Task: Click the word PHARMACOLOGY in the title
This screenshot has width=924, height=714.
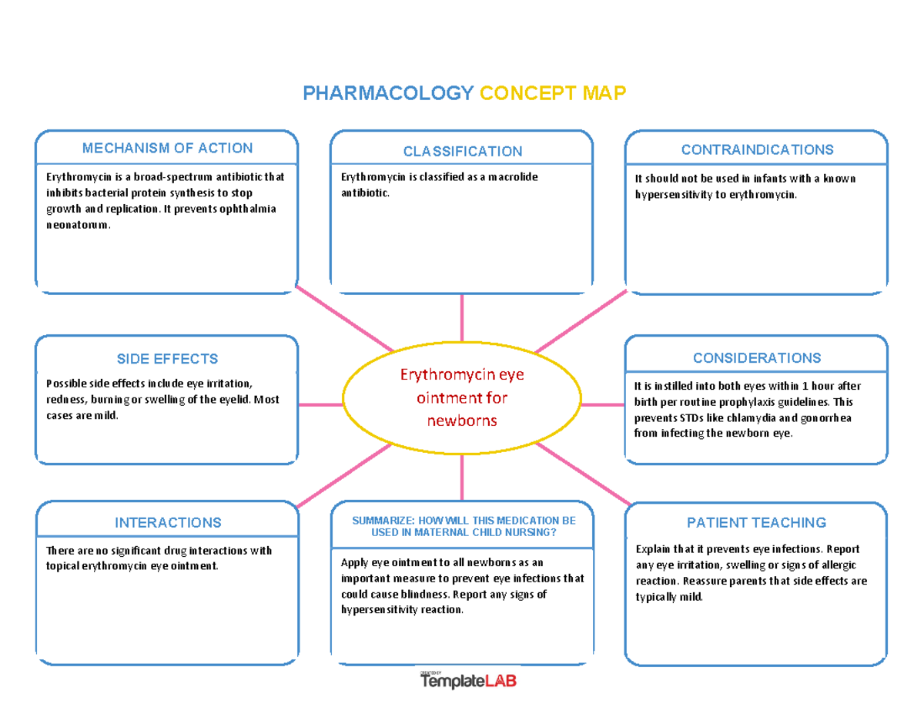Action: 387,94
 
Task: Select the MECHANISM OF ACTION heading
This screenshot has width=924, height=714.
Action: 167,148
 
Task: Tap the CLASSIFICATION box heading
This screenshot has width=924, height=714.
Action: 462,151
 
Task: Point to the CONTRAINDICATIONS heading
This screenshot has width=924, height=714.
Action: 757,149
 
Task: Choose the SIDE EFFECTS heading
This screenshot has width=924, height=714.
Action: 167,359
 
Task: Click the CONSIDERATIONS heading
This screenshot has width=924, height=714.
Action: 757,358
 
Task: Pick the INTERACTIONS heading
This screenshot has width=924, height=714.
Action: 167,522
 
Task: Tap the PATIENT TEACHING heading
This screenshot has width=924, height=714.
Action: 757,523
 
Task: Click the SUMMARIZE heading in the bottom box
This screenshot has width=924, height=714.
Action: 463,527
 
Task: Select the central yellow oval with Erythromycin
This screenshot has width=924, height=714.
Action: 462,397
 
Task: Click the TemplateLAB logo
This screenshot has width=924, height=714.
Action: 468,681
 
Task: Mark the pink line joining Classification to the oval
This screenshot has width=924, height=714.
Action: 462,317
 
